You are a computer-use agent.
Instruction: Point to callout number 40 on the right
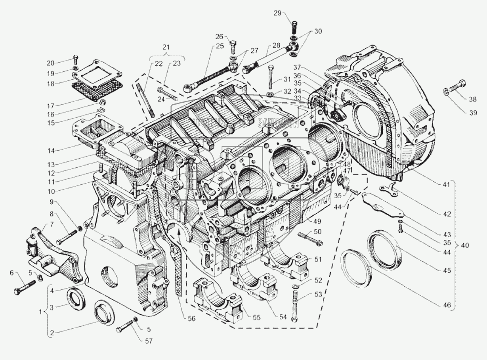(465, 245)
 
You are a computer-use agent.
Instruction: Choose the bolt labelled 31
(270, 78)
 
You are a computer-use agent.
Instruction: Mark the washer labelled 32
(269, 94)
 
